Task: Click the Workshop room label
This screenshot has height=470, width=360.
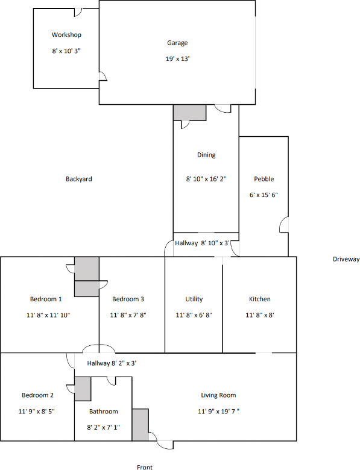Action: (66, 35)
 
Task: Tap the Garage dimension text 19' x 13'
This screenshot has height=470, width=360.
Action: (177, 58)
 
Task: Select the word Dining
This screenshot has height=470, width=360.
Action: (206, 155)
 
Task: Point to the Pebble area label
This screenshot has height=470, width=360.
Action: (264, 179)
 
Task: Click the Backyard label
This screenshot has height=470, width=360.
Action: (78, 179)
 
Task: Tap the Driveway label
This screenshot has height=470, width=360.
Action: (346, 259)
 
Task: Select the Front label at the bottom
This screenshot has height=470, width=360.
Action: (144, 467)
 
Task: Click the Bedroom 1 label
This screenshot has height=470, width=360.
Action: (46, 299)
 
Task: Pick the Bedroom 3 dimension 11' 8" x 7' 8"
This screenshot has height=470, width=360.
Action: (128, 315)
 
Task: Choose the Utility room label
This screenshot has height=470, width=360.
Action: (194, 299)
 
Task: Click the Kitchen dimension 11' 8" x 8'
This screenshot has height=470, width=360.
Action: (260, 315)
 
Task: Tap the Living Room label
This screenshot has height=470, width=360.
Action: (218, 395)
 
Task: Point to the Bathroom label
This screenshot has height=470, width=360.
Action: (104, 412)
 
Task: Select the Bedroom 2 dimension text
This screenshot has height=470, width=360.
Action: (38, 412)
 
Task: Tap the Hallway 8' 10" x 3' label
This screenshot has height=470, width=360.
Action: (203, 243)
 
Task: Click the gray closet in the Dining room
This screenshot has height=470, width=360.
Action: (189, 112)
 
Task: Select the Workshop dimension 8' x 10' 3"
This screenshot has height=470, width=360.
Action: (66, 51)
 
